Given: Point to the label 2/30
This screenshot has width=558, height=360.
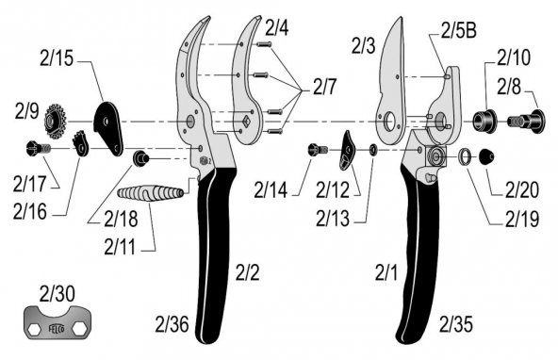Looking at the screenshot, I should coord(57,293).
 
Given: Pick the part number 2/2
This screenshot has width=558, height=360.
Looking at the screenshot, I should coord(246,272).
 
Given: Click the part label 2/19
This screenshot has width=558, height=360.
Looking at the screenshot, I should coord(522,222).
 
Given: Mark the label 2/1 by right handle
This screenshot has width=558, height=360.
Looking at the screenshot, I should coord(386,274).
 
